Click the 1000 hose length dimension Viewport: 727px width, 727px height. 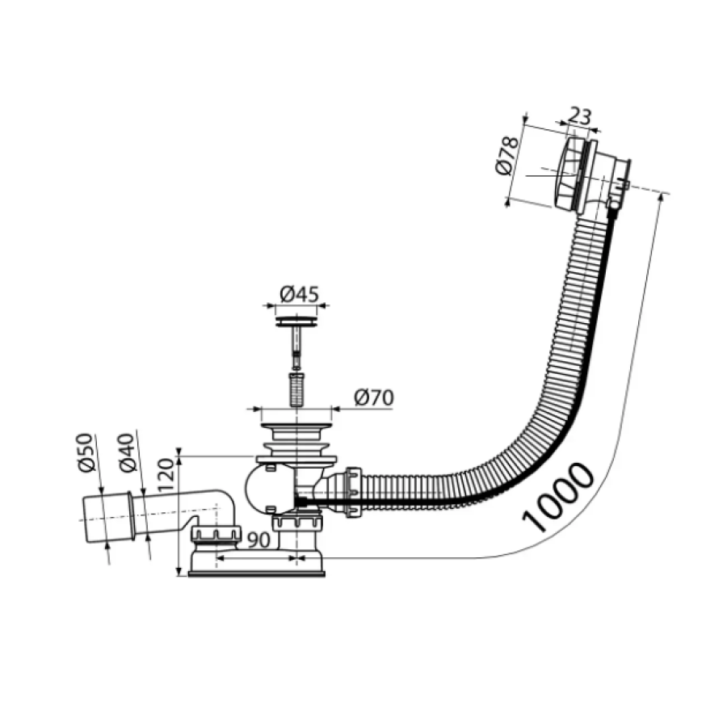click(558, 497)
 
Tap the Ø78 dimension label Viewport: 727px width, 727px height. click(506, 156)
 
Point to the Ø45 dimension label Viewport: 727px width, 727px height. click(300, 294)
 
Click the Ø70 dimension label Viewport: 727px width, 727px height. click(374, 397)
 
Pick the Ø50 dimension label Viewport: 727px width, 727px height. click(86, 452)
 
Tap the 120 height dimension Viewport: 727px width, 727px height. click(166, 475)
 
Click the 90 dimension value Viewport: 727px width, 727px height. click(258, 540)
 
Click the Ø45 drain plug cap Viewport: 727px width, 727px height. click(296, 321)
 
